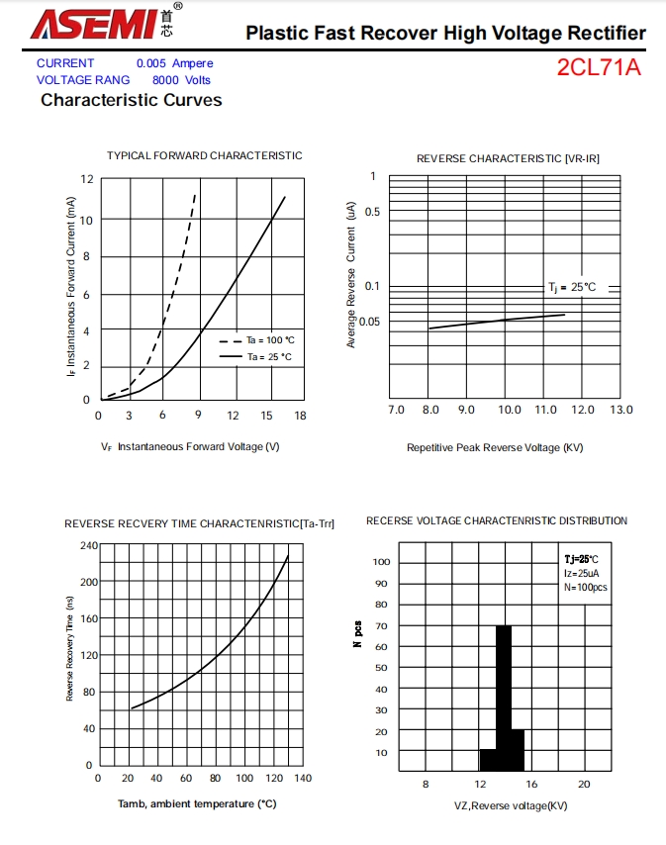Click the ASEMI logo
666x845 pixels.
(x=94, y=24)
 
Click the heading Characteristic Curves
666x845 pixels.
(x=131, y=100)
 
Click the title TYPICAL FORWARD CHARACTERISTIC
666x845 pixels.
(x=205, y=155)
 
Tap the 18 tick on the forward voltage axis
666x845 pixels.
(x=300, y=417)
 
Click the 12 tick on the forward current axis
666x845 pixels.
(x=86, y=179)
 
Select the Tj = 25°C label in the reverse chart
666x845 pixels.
(x=572, y=287)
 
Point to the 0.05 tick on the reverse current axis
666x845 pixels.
(x=369, y=322)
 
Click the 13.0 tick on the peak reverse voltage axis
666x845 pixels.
(x=620, y=410)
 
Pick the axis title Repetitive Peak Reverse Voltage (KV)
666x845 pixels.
(x=495, y=447)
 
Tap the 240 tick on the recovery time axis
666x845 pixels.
(x=86, y=545)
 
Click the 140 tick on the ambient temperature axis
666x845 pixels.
(x=303, y=779)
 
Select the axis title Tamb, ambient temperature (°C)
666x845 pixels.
(x=197, y=804)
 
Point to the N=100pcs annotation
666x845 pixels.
(x=586, y=587)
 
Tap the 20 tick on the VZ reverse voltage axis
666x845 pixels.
(x=584, y=785)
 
